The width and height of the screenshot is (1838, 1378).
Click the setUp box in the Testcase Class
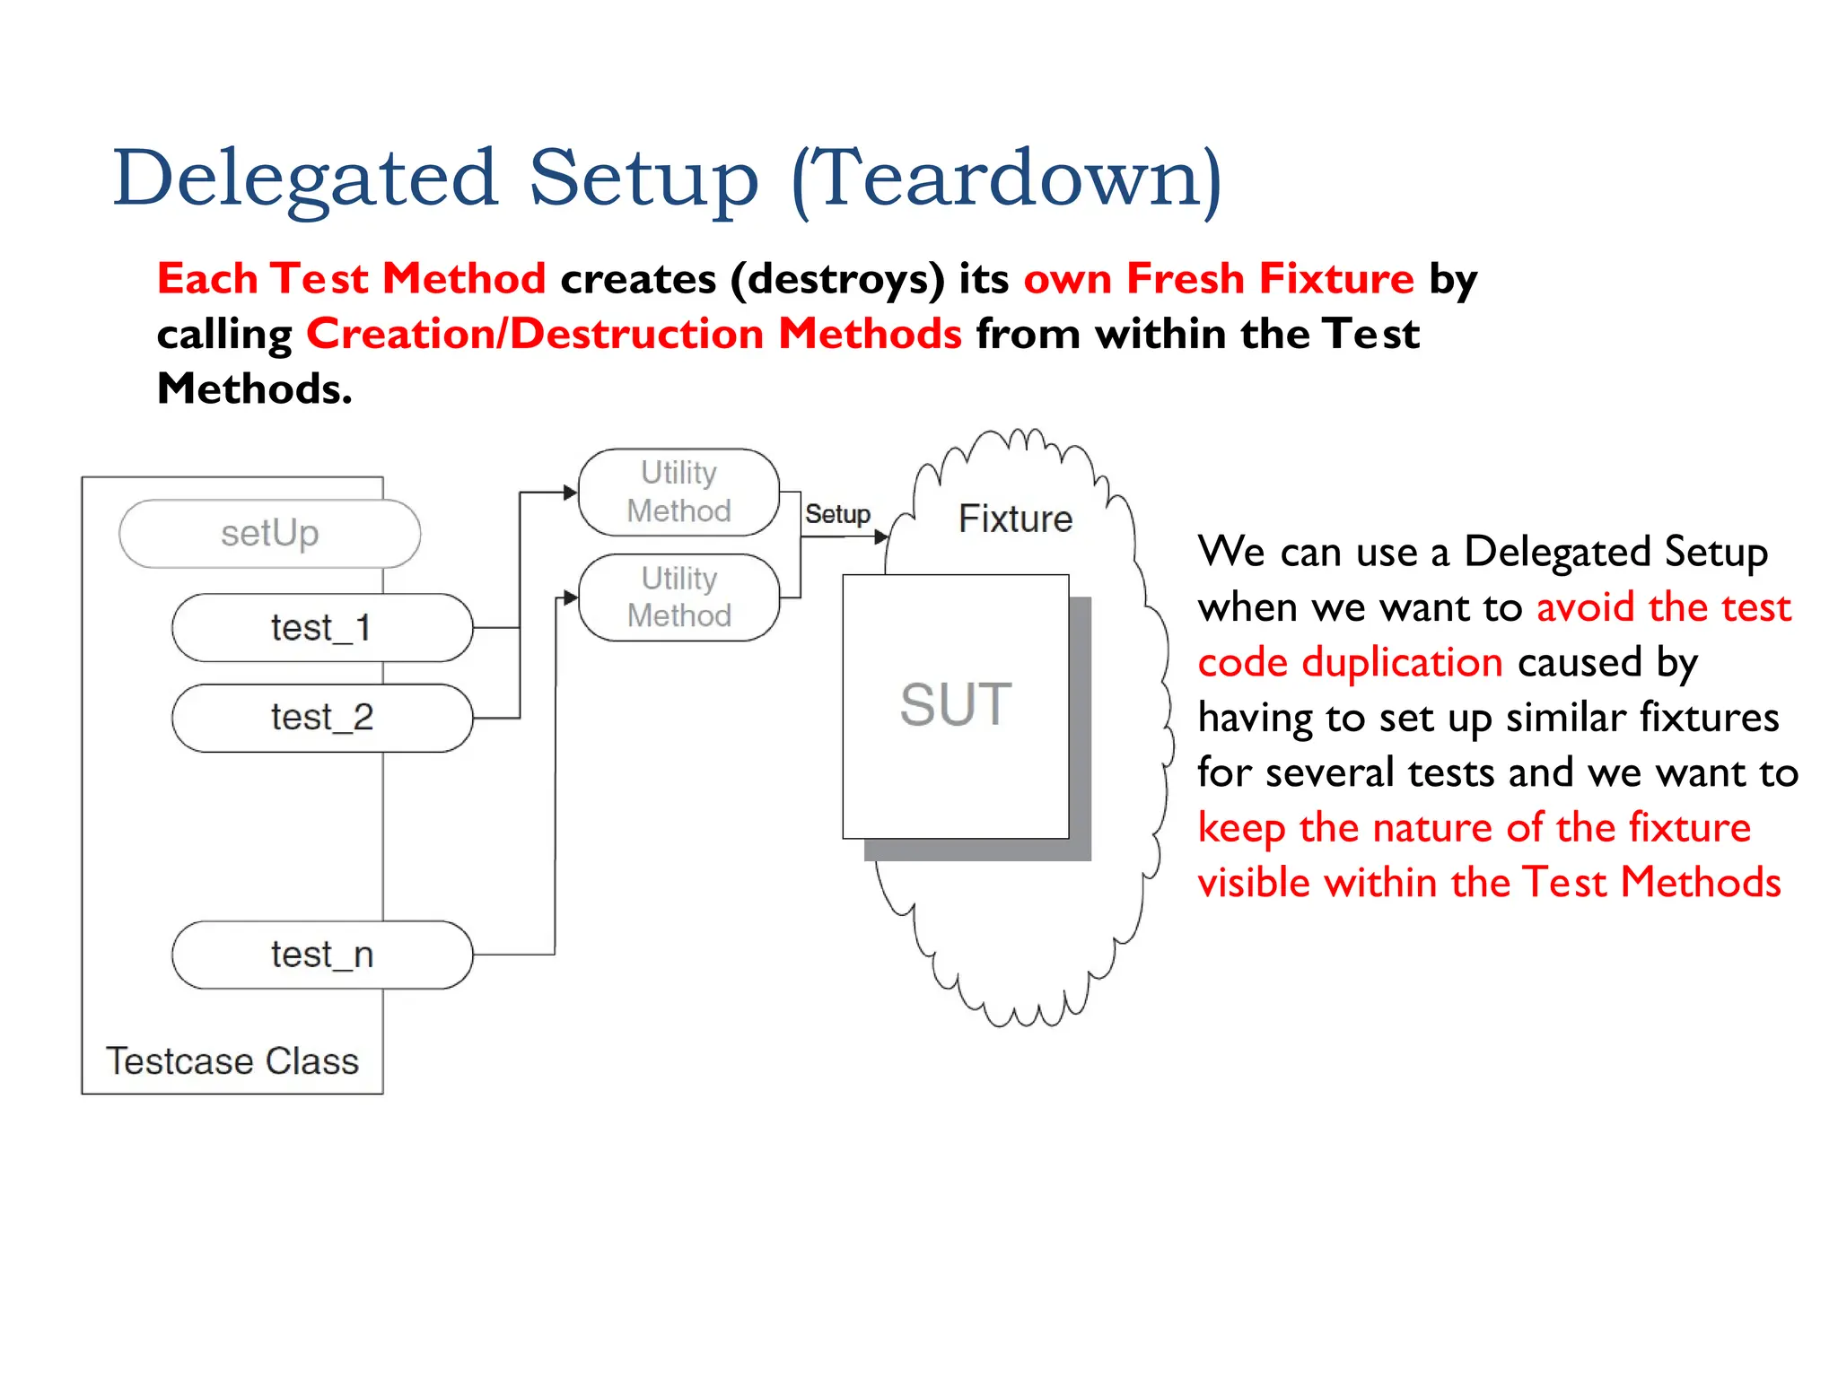pyautogui.click(x=269, y=534)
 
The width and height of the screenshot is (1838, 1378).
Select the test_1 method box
pyautogui.click(x=321, y=628)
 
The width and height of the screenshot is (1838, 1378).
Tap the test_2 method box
pyautogui.click(x=321, y=718)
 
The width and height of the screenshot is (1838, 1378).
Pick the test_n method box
pyautogui.click(x=321, y=955)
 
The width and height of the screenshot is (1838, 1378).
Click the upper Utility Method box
pyautogui.click(x=678, y=492)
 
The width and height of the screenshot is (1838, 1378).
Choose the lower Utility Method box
pyautogui.click(x=678, y=597)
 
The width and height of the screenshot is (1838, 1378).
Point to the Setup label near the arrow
pyautogui.click(x=837, y=514)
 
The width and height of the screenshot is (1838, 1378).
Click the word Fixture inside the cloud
pyautogui.click(x=1015, y=519)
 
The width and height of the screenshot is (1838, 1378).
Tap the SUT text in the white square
pyautogui.click(x=956, y=704)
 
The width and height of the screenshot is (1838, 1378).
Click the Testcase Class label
pyautogui.click(x=232, y=1061)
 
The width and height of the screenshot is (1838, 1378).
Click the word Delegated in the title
pyautogui.click(x=305, y=179)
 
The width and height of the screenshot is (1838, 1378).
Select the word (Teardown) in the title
pyautogui.click(x=1006, y=179)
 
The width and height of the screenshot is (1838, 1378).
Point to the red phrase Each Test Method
pyautogui.click(x=351, y=278)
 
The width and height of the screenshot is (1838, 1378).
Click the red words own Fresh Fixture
pyautogui.click(x=1219, y=278)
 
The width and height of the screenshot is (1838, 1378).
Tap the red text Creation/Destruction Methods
pyautogui.click(x=634, y=334)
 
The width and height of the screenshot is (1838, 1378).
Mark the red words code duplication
pyautogui.click(x=1350, y=663)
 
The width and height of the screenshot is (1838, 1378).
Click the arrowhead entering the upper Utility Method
pyautogui.click(x=570, y=492)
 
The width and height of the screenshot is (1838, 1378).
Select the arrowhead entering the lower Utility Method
pyautogui.click(x=571, y=597)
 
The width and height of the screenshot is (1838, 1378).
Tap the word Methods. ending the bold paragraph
pyautogui.click(x=254, y=388)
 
